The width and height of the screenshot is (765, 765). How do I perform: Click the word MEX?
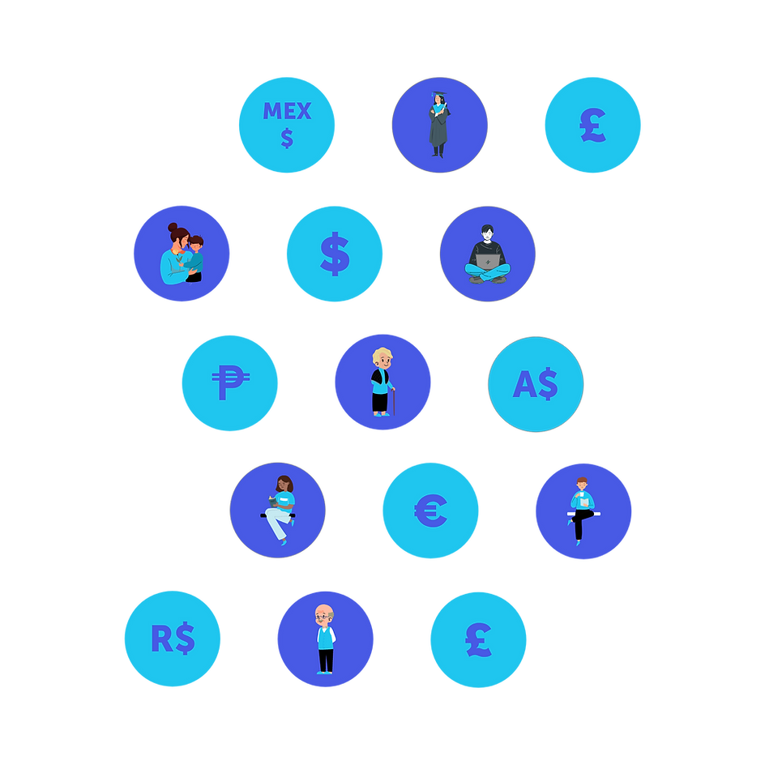coord(287,112)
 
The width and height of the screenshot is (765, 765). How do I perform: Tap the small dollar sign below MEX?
coord(287,139)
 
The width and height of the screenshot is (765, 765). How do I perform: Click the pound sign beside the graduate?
coord(592,125)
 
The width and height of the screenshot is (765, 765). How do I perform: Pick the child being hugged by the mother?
coord(194,257)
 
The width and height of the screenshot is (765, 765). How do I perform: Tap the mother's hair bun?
coord(173,228)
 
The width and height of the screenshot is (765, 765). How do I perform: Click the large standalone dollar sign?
coord(335,254)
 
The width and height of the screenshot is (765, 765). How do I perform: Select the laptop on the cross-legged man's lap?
coord(488,262)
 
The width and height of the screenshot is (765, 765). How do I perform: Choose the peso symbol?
coord(230,382)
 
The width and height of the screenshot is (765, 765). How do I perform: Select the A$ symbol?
coord(536,383)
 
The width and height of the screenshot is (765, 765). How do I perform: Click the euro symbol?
coord(430,511)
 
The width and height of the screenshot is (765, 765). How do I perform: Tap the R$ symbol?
coord(173,639)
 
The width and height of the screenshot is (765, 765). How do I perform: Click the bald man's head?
coord(324,613)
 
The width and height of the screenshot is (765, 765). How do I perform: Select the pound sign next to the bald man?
coord(478,639)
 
